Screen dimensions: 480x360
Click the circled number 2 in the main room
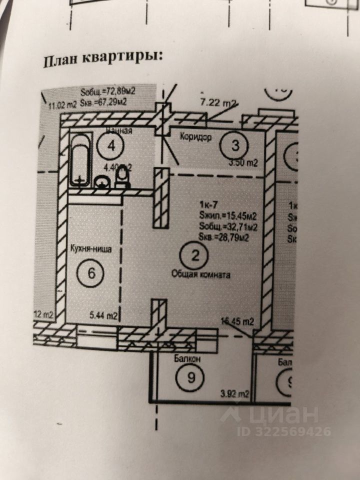(195, 256)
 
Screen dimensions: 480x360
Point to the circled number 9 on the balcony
(190, 377)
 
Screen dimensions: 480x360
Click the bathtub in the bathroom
(80, 159)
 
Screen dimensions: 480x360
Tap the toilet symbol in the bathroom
(122, 177)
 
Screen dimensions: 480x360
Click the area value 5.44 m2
(103, 315)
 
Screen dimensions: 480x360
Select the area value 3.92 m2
(235, 394)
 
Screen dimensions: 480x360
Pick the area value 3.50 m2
(242, 162)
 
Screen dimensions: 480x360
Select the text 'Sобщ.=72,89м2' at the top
(108, 91)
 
